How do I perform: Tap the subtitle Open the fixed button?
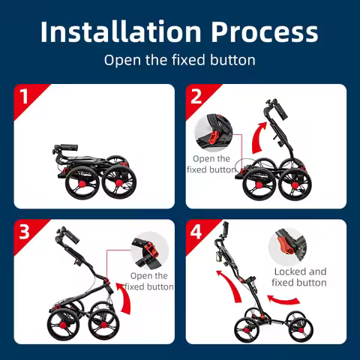pyautogui.click(x=179, y=60)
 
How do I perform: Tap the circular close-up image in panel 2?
pyautogui.click(x=214, y=133)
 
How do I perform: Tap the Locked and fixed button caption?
pyautogui.click(x=299, y=277)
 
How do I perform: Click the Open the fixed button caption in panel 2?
pyautogui.click(x=211, y=164)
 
